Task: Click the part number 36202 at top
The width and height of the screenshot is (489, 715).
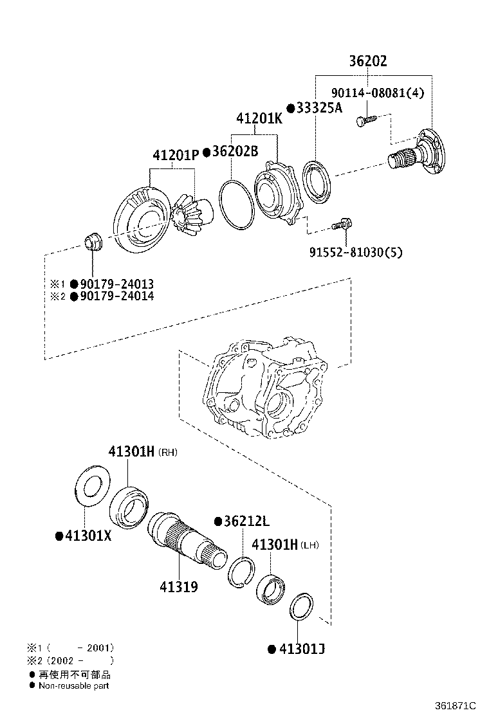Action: (368, 61)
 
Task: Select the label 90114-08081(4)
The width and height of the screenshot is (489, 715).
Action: (378, 93)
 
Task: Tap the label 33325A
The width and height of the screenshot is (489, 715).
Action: (319, 108)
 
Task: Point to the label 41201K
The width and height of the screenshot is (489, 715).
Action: (259, 119)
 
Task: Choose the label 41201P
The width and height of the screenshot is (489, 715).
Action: (176, 156)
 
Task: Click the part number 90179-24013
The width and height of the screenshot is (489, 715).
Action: (116, 284)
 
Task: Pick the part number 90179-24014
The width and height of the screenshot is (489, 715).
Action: (116, 296)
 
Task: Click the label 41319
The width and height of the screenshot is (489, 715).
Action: (178, 586)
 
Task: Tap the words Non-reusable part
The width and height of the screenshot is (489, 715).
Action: (73, 685)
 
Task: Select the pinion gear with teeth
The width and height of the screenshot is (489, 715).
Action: (190, 216)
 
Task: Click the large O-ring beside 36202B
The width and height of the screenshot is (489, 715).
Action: (235, 204)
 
